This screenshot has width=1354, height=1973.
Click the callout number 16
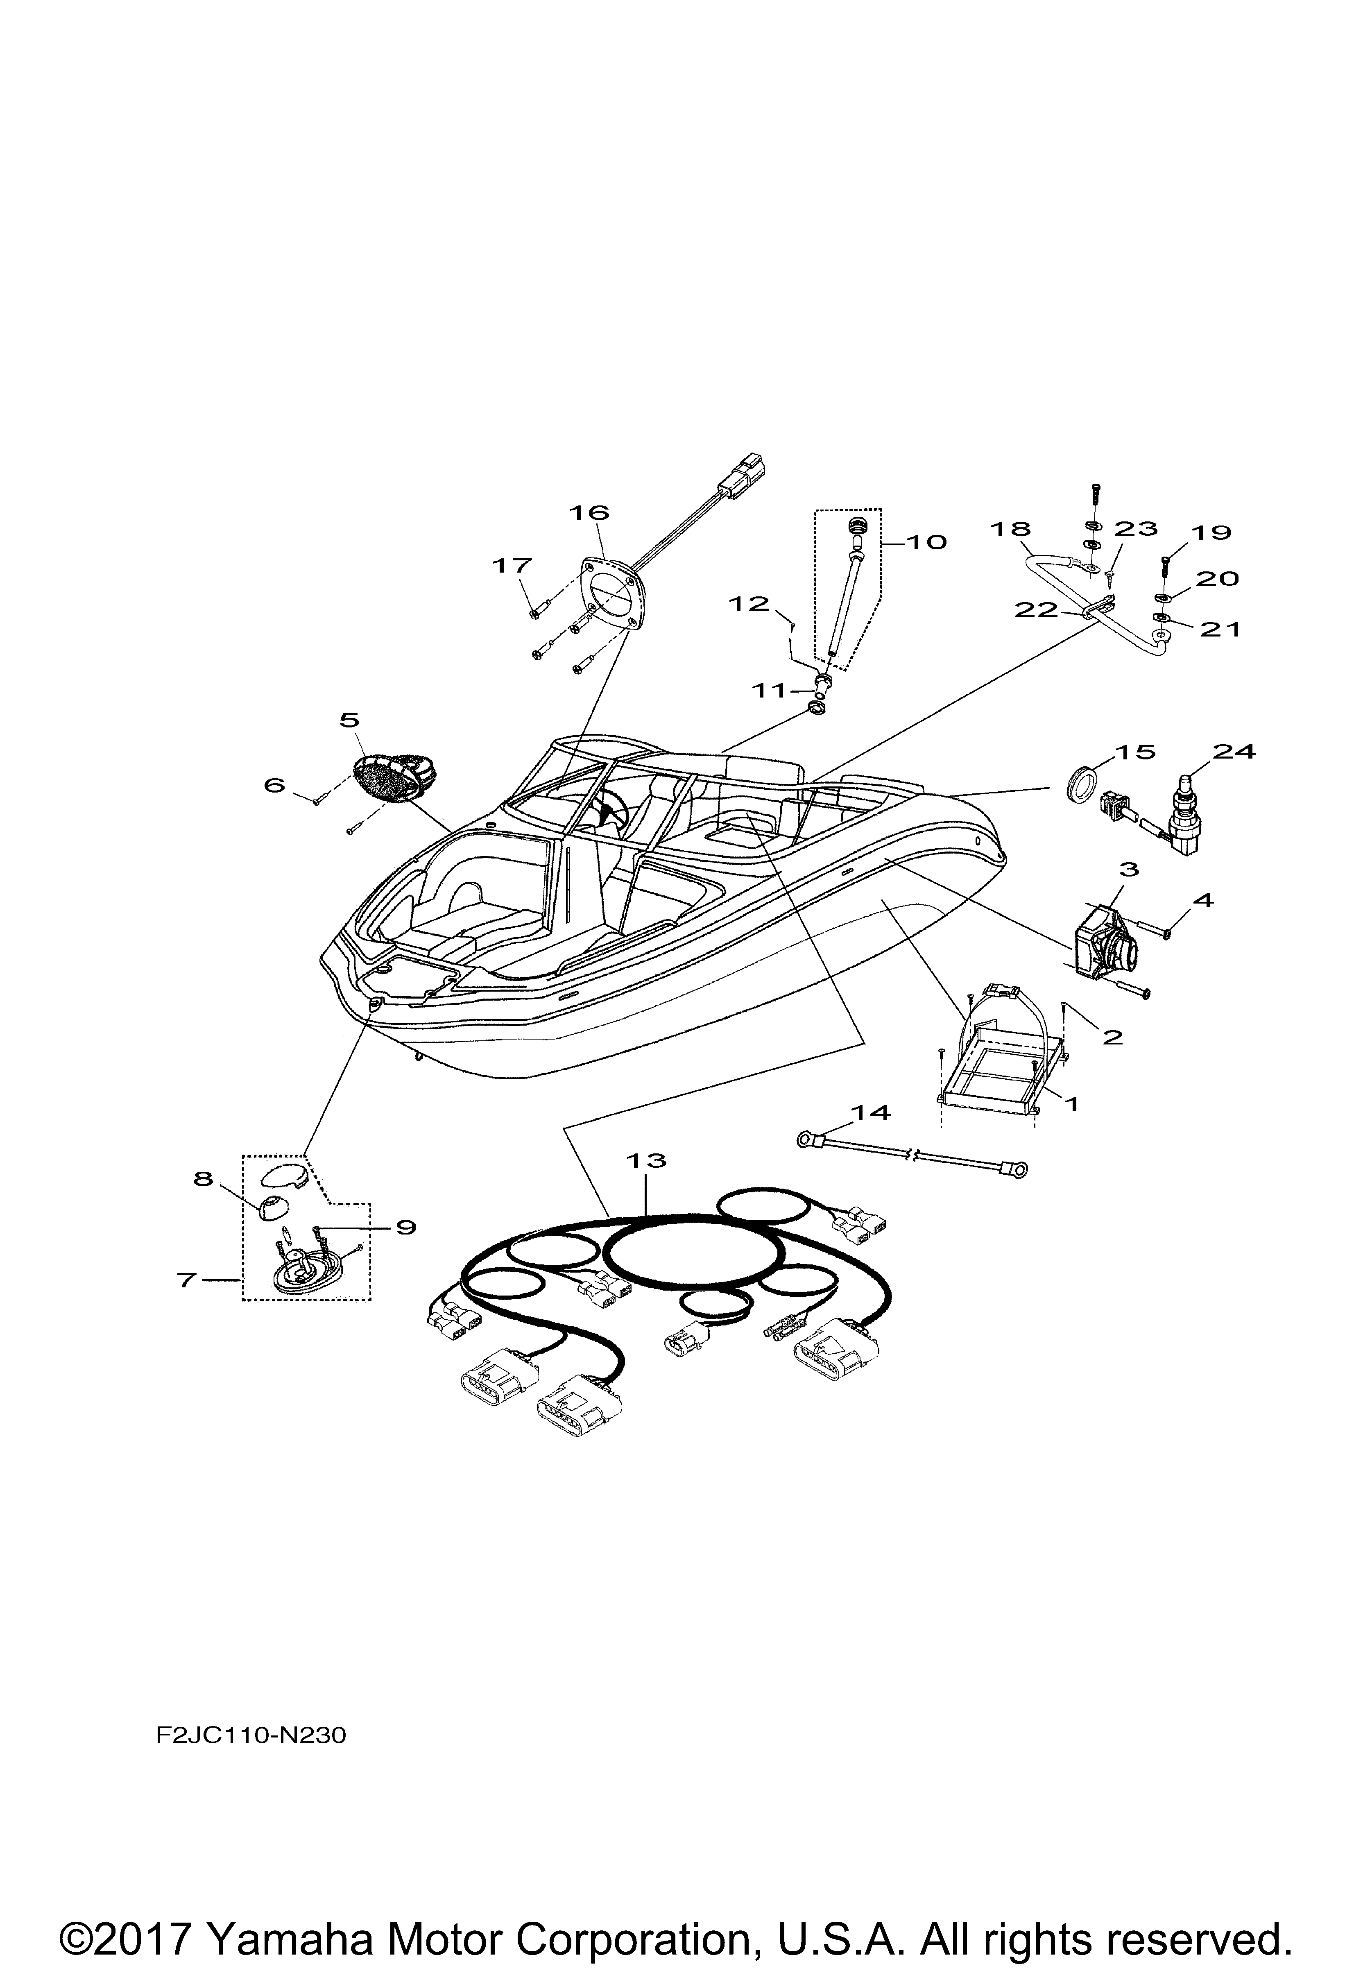pyautogui.click(x=589, y=513)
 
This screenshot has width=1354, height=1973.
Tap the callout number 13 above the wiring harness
pyautogui.click(x=647, y=1160)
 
